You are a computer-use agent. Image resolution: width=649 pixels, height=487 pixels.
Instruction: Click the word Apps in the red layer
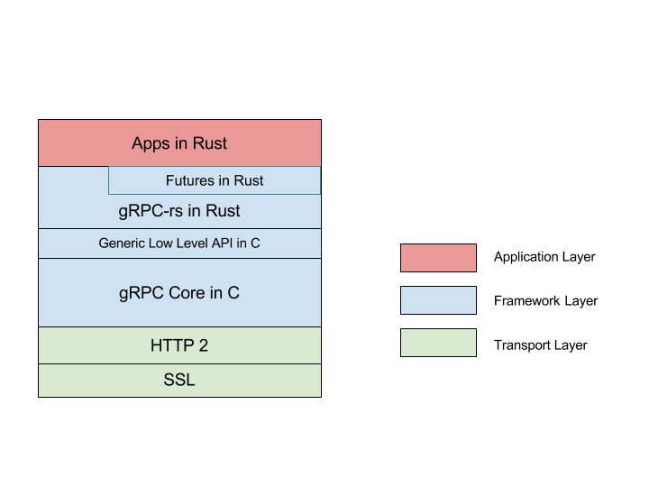click(150, 144)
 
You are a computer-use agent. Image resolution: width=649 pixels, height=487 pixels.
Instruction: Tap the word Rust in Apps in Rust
click(209, 143)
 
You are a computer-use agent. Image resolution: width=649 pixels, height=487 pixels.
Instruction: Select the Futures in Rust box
click(215, 180)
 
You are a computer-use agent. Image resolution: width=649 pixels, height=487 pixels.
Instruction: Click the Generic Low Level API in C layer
click(179, 243)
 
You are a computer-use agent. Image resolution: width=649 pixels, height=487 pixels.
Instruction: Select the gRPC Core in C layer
click(179, 293)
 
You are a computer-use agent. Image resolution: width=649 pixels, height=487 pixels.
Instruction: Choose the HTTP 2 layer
click(179, 345)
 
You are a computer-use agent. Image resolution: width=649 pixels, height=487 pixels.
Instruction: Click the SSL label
click(179, 381)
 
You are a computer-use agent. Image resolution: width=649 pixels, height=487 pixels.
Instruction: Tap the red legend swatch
click(438, 258)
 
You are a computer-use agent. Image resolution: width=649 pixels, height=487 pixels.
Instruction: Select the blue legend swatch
click(438, 300)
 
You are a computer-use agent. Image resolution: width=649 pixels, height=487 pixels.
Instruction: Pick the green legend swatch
click(438, 343)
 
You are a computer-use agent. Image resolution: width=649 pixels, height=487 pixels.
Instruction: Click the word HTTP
click(171, 345)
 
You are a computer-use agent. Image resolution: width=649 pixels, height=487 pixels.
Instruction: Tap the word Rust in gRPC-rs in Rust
click(222, 212)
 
